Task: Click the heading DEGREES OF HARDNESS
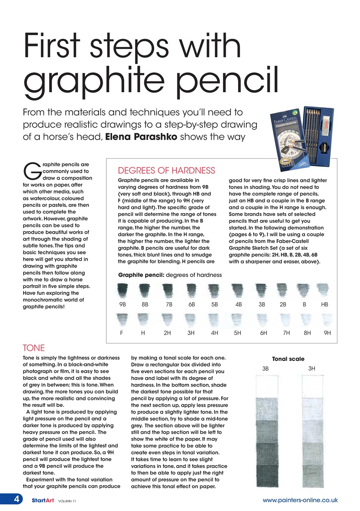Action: point(167,171)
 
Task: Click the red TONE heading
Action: point(34,348)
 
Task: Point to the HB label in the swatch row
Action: point(324,304)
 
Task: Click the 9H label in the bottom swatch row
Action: point(328,333)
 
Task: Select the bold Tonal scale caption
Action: point(288,359)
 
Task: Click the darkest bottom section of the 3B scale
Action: point(266,476)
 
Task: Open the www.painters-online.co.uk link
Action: point(300,500)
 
